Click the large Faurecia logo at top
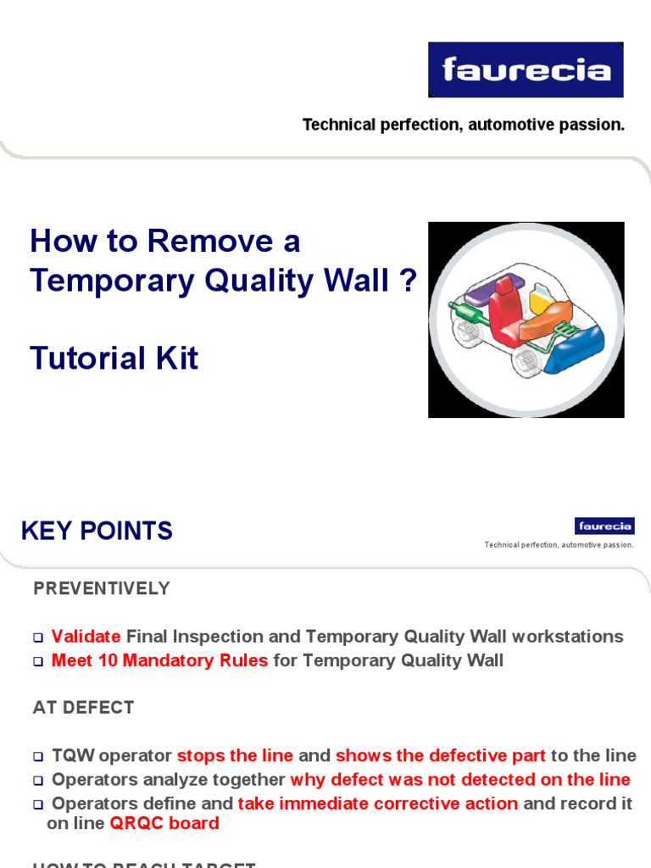click(x=526, y=69)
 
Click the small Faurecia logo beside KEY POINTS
click(x=604, y=526)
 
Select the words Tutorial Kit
click(x=114, y=359)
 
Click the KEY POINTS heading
click(x=97, y=531)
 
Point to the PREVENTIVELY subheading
click(x=102, y=588)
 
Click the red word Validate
click(x=86, y=637)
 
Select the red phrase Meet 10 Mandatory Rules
click(x=159, y=660)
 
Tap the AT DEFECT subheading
click(x=83, y=708)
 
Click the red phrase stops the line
click(x=235, y=755)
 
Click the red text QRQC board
click(x=164, y=823)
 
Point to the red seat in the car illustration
click(x=504, y=309)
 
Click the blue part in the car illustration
click(x=577, y=348)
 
